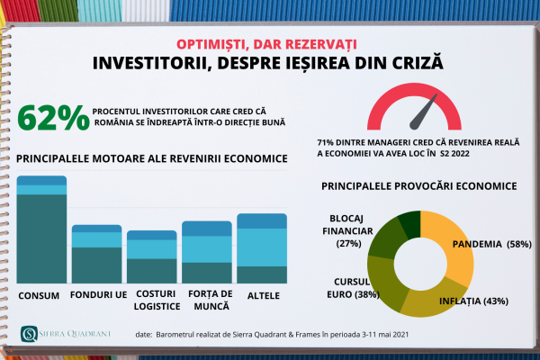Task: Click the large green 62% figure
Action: [x=53, y=117]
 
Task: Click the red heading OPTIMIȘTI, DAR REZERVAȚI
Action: [x=270, y=43]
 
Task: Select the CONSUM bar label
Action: [x=40, y=296]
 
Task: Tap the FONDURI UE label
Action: [x=95, y=296]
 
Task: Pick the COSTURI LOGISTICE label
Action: [x=152, y=301]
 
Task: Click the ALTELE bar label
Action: [x=262, y=296]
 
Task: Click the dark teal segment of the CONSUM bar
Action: [x=41, y=238]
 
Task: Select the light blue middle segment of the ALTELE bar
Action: [x=262, y=247]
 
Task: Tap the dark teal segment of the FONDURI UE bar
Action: [x=96, y=265]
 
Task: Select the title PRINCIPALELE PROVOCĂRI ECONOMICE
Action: [x=418, y=186]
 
